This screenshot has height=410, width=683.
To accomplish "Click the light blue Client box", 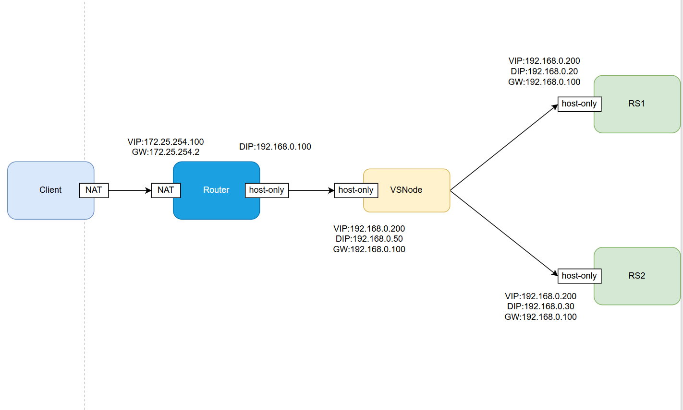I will click(43, 190).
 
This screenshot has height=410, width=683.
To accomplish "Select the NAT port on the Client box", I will click(94, 190).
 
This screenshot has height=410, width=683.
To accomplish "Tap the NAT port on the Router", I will click(166, 190).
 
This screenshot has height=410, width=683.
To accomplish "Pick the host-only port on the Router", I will click(267, 190).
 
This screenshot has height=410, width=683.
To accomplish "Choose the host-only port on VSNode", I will click(356, 190).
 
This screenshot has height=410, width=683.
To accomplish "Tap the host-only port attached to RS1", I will click(579, 104).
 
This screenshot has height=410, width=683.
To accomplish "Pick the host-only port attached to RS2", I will click(579, 276).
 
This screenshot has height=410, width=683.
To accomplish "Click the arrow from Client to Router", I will click(130, 190).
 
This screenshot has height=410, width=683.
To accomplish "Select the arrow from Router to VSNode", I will click(311, 190).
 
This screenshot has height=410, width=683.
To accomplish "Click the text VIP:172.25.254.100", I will click(166, 142).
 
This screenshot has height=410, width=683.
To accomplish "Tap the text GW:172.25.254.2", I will click(166, 152).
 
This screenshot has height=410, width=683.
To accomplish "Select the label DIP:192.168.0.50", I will click(369, 239).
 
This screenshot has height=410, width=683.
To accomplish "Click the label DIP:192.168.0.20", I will click(544, 71).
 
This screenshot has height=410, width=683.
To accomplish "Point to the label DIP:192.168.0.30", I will click(540, 306).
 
